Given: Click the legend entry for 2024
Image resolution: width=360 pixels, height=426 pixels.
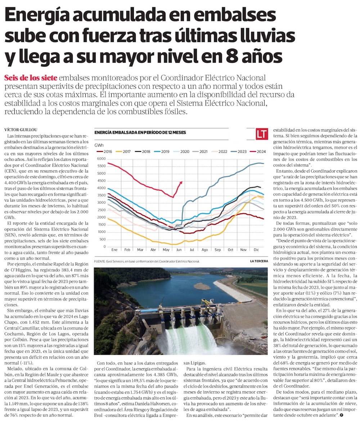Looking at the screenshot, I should (x=258, y=151).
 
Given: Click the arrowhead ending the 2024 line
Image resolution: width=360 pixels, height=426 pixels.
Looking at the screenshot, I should (x=181, y=182).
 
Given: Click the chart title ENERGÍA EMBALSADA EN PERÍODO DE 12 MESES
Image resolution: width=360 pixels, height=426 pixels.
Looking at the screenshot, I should (x=140, y=132).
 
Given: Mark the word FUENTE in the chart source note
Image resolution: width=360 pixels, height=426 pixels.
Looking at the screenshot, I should (x=100, y=261).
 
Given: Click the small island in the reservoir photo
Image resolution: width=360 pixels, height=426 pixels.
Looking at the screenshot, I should (x=202, y=286).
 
